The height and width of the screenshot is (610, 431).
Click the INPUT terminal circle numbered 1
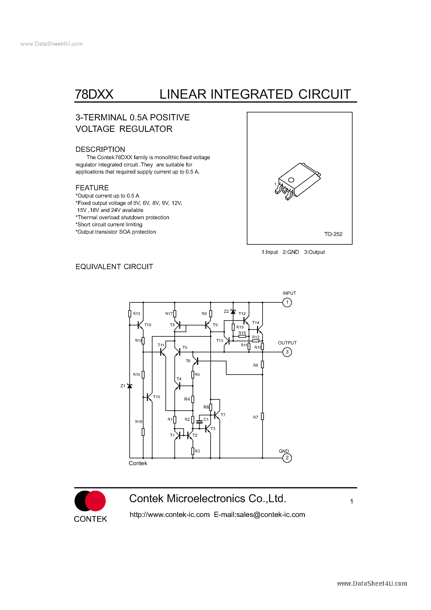coord(287,302)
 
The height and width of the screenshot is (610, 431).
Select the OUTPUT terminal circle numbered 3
coord(287,352)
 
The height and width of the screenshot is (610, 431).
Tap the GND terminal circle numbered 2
coord(287,458)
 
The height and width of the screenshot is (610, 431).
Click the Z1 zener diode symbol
coord(130,386)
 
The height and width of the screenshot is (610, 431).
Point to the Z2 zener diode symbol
coord(233,312)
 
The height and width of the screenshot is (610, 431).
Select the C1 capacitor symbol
coord(199,422)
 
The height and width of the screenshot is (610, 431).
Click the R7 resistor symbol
coord(262,416)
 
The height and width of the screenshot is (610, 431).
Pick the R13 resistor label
coord(137,314)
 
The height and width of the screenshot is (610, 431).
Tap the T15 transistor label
coord(156,397)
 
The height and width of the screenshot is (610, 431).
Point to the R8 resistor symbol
coord(262,364)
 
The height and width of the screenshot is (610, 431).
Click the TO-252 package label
coord(333,234)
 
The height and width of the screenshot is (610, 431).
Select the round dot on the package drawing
coord(291,180)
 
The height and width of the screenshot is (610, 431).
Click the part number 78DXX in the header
coord(94,94)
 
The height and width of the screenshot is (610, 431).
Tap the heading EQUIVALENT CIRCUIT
coord(114,267)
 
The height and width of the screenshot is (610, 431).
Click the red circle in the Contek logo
coord(96,501)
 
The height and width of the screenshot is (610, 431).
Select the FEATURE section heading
coord(92,188)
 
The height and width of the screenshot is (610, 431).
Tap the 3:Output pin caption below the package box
coord(314,252)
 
